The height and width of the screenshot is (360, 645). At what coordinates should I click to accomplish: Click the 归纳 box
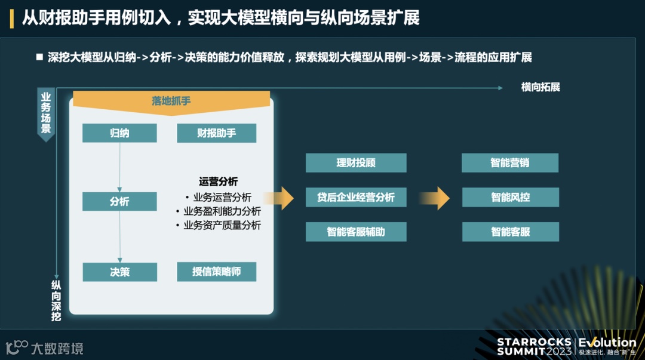[x=119, y=133]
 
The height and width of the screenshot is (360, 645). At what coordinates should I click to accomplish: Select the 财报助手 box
[x=216, y=133]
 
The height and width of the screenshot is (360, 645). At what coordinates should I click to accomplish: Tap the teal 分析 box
[x=119, y=201]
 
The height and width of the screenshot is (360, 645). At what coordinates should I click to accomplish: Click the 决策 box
[x=119, y=272]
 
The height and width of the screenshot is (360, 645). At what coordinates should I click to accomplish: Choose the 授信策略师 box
[x=216, y=272]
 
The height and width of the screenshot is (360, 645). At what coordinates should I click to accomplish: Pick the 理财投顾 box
[x=356, y=162]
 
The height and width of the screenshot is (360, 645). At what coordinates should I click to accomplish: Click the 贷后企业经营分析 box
[x=356, y=197]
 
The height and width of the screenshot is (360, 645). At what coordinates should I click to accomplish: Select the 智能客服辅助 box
[x=356, y=232]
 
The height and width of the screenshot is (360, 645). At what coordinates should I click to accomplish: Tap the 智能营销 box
[x=510, y=162]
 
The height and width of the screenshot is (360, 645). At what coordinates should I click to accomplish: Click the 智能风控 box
[x=510, y=197]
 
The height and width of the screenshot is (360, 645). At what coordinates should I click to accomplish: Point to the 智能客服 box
[x=510, y=232]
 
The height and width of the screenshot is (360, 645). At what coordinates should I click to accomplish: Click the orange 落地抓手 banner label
[x=171, y=101]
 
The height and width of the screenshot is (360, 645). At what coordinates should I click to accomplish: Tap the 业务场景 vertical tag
[x=45, y=113]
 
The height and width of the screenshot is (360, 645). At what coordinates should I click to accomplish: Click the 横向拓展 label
[x=540, y=88]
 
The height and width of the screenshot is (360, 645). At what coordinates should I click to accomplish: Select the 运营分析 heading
[x=218, y=181]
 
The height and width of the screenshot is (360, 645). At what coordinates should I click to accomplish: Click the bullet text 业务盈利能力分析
[x=222, y=211]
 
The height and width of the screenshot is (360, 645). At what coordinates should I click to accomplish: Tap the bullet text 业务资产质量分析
[x=222, y=225]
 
